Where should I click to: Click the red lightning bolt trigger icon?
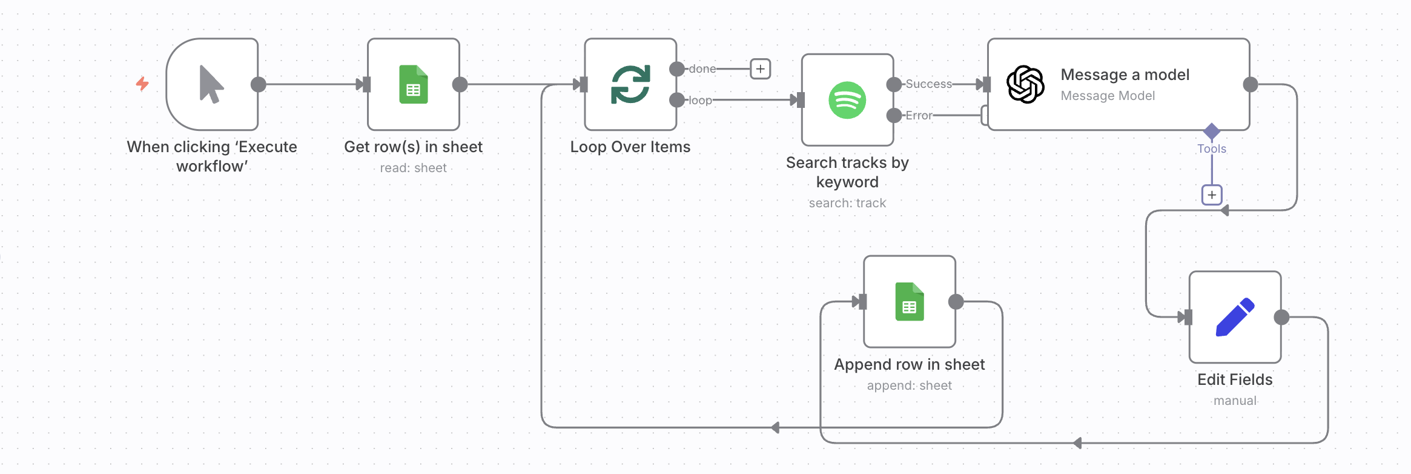tap(142, 84)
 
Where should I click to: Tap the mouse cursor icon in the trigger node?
tap(211, 84)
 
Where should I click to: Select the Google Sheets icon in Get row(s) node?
tap(414, 84)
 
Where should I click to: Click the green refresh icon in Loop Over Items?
tap(630, 84)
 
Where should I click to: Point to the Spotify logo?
tap(847, 100)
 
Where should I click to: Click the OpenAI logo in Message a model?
tap(1025, 84)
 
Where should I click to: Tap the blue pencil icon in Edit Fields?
tap(1235, 317)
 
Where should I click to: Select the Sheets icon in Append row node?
tap(910, 301)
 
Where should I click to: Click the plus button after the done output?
tap(761, 69)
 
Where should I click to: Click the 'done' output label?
tap(702, 69)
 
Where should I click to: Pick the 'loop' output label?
tap(701, 101)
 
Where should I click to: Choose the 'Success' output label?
tap(929, 84)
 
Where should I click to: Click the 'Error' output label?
tap(919, 116)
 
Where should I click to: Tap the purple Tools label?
tap(1212, 149)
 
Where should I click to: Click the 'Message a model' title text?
tap(1125, 75)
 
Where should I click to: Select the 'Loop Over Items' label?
tap(630, 147)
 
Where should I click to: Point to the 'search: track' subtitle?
tap(847, 203)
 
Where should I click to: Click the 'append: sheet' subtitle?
tap(910, 386)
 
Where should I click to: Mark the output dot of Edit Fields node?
tap(1281, 317)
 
